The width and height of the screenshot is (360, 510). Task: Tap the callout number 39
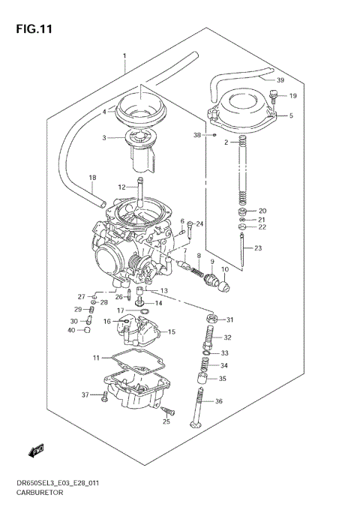[280, 80]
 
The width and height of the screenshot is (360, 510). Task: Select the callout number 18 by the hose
[93, 178]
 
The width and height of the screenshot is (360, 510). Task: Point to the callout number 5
[291, 115]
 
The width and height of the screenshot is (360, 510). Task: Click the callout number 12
[121, 187]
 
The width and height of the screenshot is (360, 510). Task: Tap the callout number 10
[224, 269]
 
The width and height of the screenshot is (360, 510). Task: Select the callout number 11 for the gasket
[96, 357]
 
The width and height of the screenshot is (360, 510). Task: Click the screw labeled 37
[104, 395]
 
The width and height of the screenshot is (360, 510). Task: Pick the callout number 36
[219, 401]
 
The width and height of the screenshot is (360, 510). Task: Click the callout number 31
[230, 320]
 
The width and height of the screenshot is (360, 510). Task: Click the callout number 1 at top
[124, 57]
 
